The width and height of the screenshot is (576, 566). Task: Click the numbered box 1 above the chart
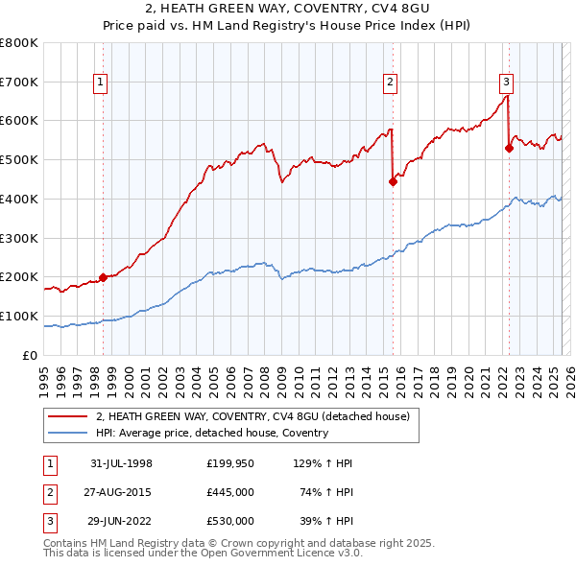101,83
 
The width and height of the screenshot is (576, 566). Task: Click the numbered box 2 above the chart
391,83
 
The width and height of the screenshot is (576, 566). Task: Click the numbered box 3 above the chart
506,83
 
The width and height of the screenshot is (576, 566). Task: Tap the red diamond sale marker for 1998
103,277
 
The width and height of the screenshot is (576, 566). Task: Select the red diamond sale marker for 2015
393,181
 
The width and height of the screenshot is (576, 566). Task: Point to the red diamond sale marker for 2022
509,148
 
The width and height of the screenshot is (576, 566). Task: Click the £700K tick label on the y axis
18,83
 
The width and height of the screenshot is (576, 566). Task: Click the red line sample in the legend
67,416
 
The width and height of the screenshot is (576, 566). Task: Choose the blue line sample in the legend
67,433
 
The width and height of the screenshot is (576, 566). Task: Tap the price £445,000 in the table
230,492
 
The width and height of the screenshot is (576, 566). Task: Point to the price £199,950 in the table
230,463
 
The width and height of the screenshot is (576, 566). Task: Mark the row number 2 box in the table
49,492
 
